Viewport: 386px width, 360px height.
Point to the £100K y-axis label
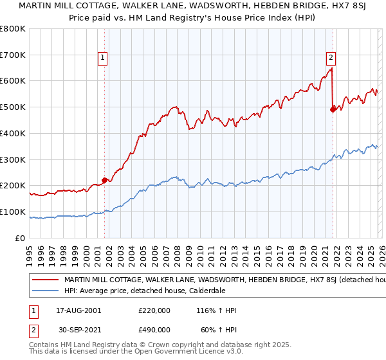point(13,212)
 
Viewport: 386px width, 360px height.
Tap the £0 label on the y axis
point(20,238)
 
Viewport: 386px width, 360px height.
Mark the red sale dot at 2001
point(104,181)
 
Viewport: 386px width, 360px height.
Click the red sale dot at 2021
point(333,110)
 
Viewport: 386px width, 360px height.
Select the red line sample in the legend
point(45,280)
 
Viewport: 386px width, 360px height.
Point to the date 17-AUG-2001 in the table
point(78,310)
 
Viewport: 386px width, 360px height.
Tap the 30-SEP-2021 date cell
point(78,329)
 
